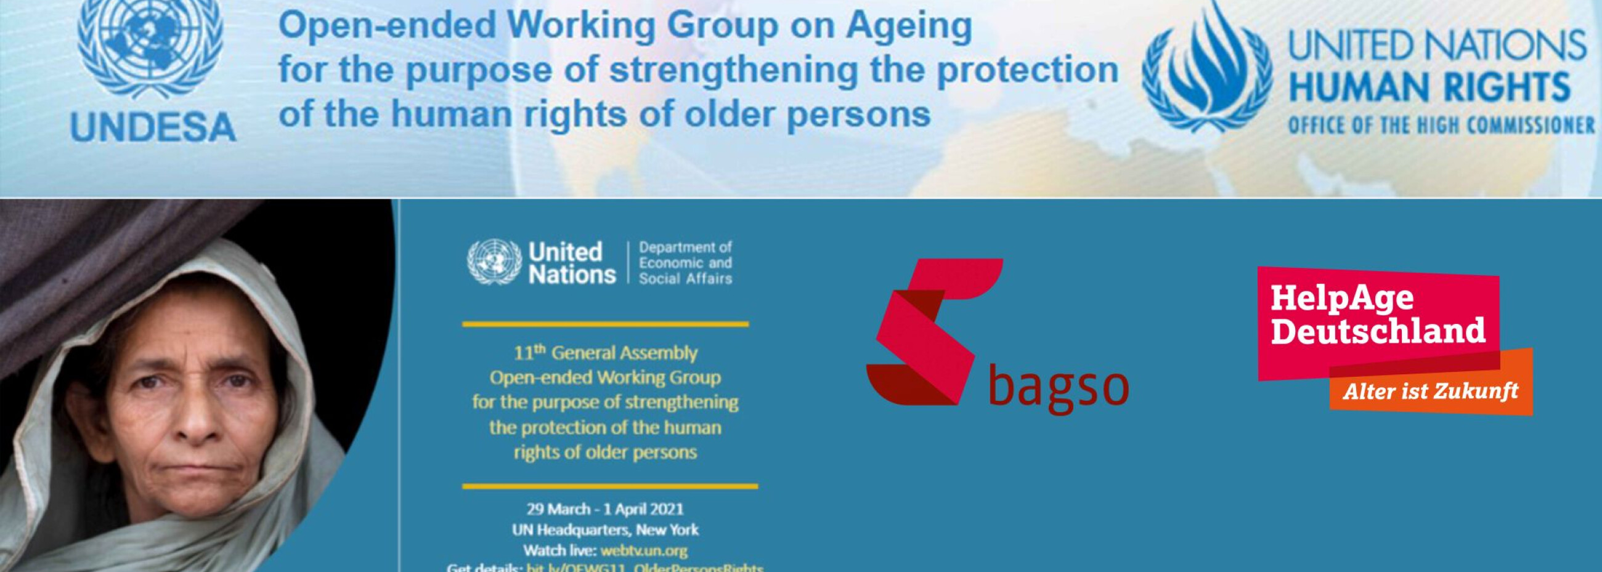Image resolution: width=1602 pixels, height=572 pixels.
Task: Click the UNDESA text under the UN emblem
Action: [x=153, y=127]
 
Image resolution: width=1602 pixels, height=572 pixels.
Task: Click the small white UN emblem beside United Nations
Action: [x=494, y=262]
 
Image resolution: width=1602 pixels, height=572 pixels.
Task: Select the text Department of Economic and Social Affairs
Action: [x=685, y=263]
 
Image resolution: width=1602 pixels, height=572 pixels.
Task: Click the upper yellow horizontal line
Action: [x=605, y=324]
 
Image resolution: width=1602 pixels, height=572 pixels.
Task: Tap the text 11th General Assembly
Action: [x=605, y=353]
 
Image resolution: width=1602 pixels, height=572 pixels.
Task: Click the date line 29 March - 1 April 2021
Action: [x=605, y=509]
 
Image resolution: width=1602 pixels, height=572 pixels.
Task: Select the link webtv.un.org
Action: [x=644, y=550]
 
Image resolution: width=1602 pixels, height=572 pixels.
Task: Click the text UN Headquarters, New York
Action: [x=605, y=530]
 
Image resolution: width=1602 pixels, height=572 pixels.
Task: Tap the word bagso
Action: [x=1058, y=387]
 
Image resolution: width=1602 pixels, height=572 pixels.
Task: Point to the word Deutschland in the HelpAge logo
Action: [x=1378, y=330]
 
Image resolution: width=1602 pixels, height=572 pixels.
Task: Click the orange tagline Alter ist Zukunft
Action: [x=1430, y=392]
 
